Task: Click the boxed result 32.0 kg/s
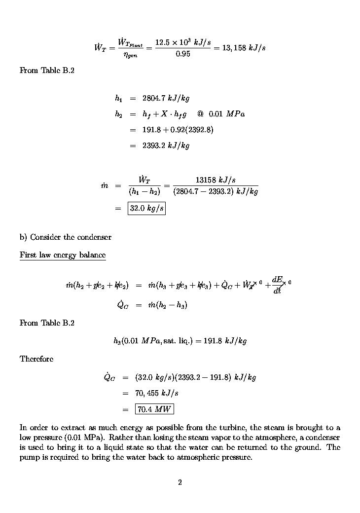click(146, 209)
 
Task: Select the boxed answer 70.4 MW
click(154, 409)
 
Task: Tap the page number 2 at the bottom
click(180, 482)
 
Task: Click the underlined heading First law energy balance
click(63, 255)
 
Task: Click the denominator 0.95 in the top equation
click(183, 54)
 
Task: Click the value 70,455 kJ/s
click(157, 393)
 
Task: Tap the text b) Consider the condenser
click(66, 237)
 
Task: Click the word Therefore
click(36, 359)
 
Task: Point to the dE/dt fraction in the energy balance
click(277, 285)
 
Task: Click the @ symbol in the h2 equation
click(200, 114)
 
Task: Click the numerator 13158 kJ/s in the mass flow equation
click(216, 180)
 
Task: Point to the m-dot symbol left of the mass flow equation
click(104, 185)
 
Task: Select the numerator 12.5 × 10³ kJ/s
click(183, 43)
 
